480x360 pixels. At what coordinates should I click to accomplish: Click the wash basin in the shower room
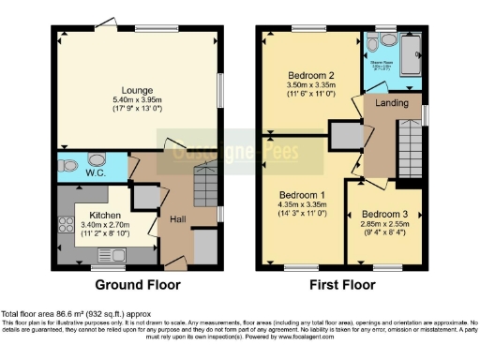coord(375,43)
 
